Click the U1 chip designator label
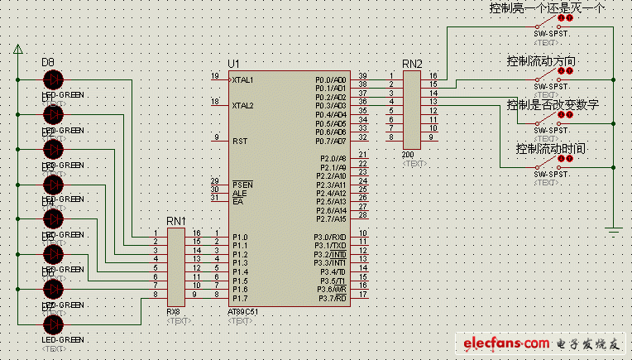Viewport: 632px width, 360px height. [233, 64]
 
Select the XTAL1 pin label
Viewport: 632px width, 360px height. [243, 80]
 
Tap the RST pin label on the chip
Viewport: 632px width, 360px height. [240, 141]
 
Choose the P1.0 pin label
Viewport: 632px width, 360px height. [240, 237]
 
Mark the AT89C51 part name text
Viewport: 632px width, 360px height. [242, 312]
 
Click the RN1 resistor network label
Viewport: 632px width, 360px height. [175, 221]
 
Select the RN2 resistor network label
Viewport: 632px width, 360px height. [411, 64]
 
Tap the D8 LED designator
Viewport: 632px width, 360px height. [47, 63]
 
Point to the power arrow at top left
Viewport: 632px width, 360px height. [17, 51]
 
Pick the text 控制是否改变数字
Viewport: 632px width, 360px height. [552, 104]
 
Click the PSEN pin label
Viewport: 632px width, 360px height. [242, 184]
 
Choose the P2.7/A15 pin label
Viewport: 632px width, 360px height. [331, 219]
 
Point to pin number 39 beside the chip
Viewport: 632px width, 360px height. [362, 76]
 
